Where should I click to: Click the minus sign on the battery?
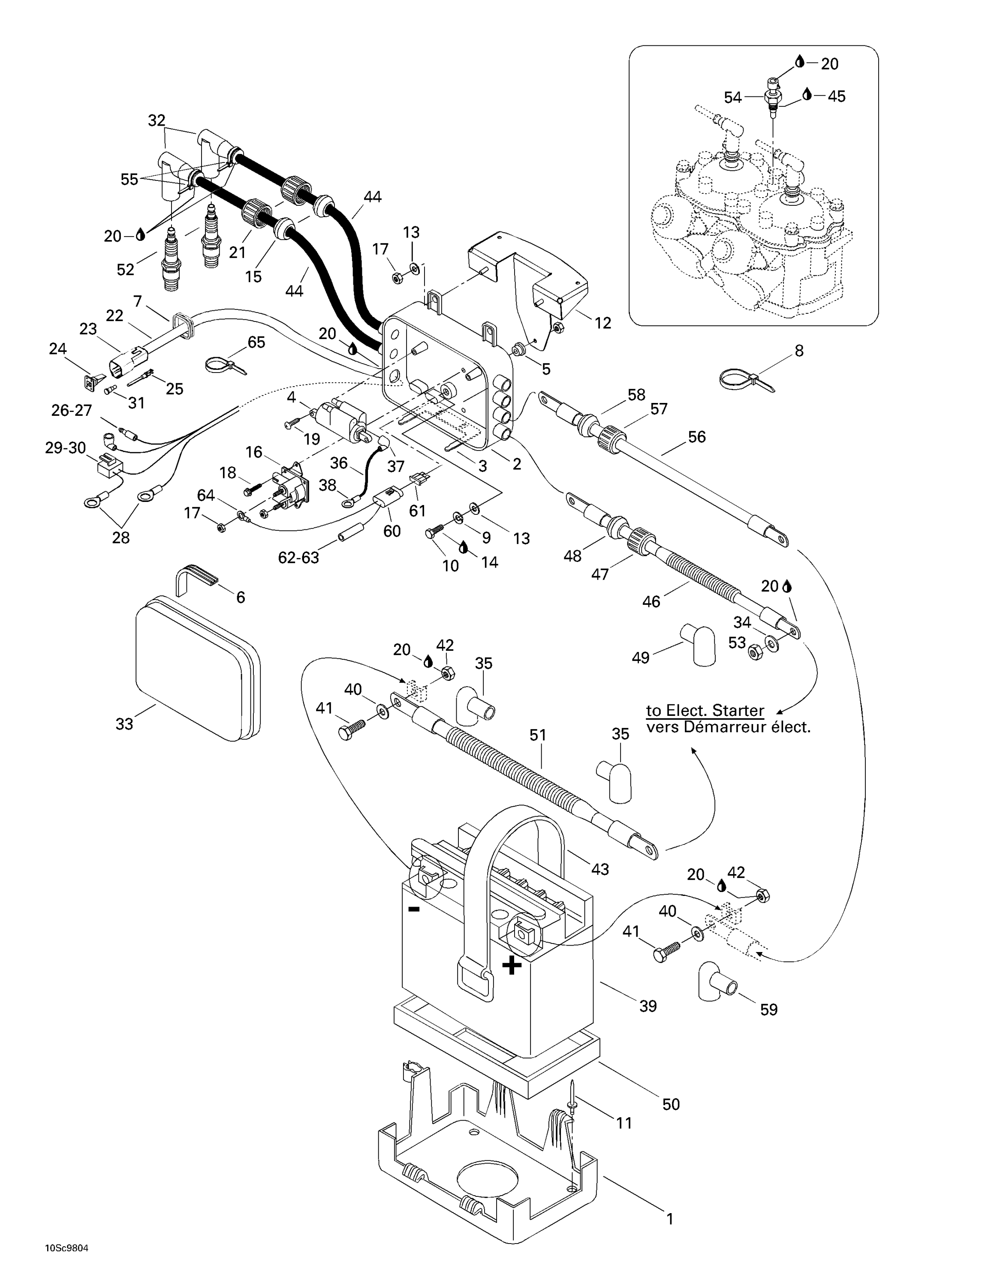[x=414, y=909]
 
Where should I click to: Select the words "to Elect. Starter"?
[x=705, y=710]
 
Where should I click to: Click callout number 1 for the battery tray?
[x=669, y=1219]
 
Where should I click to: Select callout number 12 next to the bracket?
[x=603, y=323]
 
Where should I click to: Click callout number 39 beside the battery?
[x=648, y=1007]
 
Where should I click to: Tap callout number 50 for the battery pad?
[x=671, y=1104]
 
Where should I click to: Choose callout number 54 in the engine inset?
[x=732, y=98]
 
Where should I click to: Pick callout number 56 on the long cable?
[x=697, y=437]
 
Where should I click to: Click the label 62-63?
[x=298, y=558]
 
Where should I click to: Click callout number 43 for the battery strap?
[x=599, y=869]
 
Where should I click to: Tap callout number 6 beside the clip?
[x=240, y=597]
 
